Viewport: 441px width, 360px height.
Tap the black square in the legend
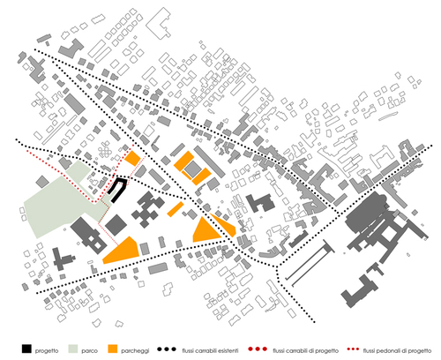pos(26,349)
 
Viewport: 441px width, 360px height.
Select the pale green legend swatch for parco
pos(73,349)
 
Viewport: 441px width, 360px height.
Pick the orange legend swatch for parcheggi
pos(113,349)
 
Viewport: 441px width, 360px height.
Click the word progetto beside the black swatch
pos(47,350)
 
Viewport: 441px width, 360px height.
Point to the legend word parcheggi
pos(135,350)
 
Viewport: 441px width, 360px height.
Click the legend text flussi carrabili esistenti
pos(210,350)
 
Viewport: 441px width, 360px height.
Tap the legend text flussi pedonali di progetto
pos(397,350)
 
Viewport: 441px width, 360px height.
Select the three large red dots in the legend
pos(258,349)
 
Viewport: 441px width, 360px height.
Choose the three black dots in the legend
pos(167,349)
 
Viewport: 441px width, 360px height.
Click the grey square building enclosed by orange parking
pos(192,169)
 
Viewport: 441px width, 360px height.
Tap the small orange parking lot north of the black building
pos(132,158)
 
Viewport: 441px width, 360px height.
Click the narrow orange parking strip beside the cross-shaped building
pos(176,209)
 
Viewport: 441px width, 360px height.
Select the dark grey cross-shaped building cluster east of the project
pos(148,209)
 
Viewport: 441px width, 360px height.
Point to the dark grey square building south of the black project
pos(116,225)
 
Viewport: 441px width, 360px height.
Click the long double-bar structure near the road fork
pos(310,263)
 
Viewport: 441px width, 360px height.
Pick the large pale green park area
pos(64,200)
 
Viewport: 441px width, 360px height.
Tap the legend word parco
pos(89,350)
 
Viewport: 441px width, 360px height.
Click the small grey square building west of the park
pos(42,182)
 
